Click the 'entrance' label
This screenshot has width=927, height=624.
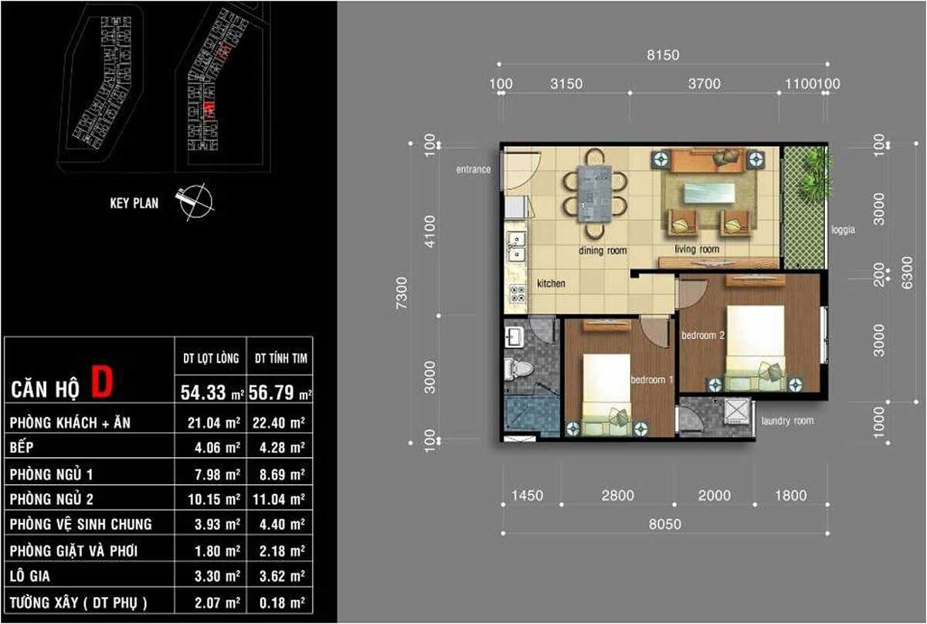tap(473, 169)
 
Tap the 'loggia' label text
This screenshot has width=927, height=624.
tap(844, 229)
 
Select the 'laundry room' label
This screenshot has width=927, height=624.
tap(787, 421)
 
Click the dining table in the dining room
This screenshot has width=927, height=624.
tap(594, 193)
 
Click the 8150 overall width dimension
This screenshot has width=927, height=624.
tap(662, 55)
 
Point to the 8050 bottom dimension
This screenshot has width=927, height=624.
tap(664, 524)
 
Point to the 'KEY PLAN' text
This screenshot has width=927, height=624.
tap(134, 203)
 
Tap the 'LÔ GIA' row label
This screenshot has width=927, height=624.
tap(31, 576)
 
